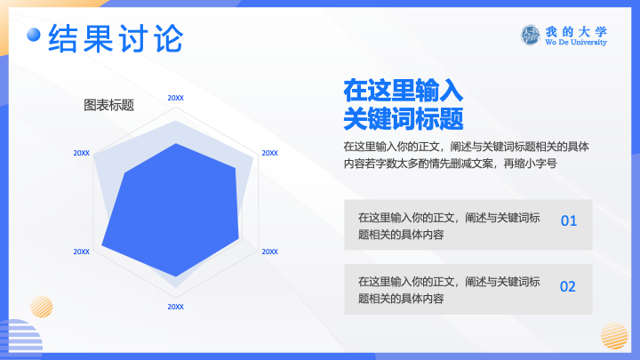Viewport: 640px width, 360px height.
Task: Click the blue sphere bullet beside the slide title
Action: [x=34, y=35]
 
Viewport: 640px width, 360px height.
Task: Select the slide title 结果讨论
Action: [x=116, y=38]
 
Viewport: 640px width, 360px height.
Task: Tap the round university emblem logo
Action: [x=530, y=35]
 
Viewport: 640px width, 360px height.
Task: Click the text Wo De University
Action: [x=576, y=42]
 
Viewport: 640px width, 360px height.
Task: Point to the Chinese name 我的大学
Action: [x=576, y=31]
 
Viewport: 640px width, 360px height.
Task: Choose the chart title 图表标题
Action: [x=109, y=105]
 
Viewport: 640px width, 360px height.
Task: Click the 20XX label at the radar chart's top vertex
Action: [x=175, y=98]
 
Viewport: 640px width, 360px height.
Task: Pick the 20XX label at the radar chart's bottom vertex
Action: [x=175, y=307]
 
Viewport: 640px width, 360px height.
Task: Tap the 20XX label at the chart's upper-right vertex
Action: [x=270, y=153]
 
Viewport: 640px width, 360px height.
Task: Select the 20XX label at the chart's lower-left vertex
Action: [x=81, y=252]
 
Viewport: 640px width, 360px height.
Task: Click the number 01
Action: [x=569, y=220]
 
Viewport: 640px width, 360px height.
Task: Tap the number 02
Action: [x=568, y=286]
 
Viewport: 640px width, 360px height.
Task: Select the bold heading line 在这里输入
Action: [x=404, y=91]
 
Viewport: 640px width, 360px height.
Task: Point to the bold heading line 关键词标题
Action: [x=404, y=119]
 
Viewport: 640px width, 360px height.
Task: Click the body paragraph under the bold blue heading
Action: [x=466, y=155]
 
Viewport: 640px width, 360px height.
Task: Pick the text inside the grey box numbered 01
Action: [x=449, y=226]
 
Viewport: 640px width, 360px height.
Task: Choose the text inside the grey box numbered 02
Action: [x=449, y=290]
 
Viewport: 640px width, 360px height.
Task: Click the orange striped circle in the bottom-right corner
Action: [x=614, y=336]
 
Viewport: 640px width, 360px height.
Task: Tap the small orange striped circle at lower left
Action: [x=42, y=307]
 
